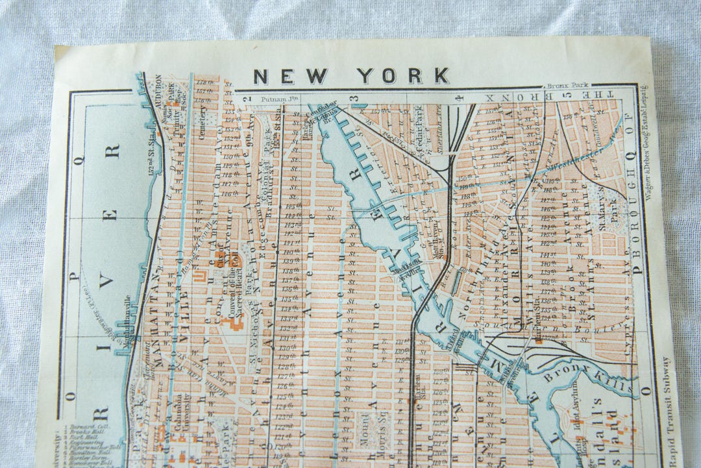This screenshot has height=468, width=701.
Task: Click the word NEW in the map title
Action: pyautogui.click(x=290, y=77)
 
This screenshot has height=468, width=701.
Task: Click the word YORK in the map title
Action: pyautogui.click(x=402, y=77)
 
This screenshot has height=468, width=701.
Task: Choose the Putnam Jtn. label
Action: pyautogui.click(x=278, y=99)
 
